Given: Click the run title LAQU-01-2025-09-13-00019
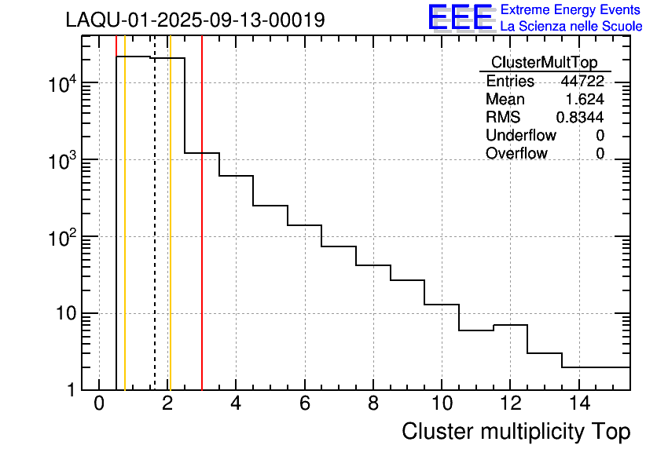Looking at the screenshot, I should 196,20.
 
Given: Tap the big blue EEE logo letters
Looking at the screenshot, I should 461,17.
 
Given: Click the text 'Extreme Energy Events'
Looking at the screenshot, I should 571,10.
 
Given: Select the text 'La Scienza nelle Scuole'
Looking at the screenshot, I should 571,27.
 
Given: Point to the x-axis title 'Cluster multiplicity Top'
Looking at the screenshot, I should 516,431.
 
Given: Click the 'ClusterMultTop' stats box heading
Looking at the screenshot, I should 544,63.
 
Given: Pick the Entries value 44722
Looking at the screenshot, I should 582,82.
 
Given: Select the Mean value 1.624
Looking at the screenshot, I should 585,100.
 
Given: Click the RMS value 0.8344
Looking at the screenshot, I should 580,118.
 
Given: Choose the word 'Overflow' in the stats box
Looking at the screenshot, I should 516,154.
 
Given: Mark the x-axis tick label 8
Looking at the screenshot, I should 373,404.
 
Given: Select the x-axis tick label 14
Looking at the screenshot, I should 578,404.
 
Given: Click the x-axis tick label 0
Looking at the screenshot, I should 99,404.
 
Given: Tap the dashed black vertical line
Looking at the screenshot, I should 155,235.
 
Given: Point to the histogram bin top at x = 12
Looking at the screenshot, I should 510,325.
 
